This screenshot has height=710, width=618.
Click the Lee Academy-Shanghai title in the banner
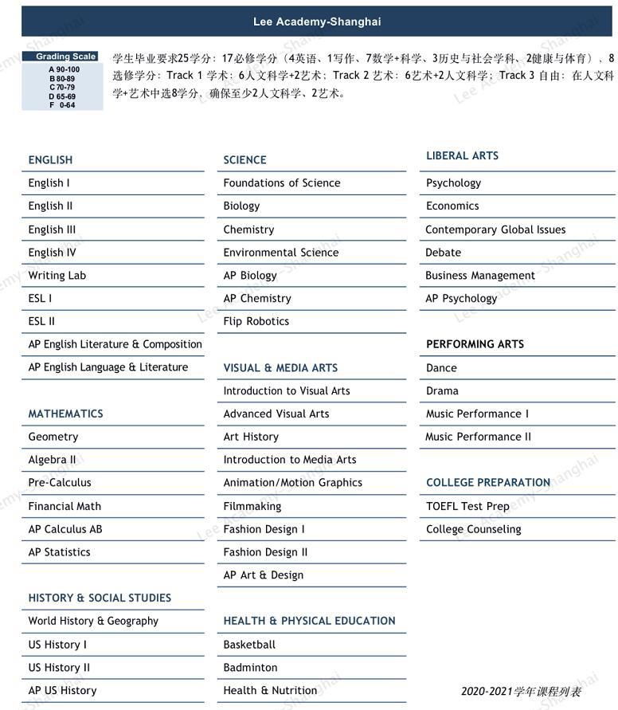[317, 22]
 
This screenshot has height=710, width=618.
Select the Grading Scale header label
[66, 57]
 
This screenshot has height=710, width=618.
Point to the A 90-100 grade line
[64, 69]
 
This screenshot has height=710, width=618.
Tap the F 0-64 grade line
[62, 104]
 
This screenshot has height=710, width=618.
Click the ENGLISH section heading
[50, 160]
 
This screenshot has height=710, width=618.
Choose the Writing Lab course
[57, 276]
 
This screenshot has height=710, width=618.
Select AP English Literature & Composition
[115, 344]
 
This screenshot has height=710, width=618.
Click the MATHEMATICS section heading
[65, 414]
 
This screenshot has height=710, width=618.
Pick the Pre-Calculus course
[60, 483]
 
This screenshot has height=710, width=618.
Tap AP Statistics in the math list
[60, 552]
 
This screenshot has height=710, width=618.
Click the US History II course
[59, 668]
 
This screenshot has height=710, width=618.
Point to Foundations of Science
[282, 183]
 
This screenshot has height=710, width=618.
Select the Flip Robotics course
[256, 322]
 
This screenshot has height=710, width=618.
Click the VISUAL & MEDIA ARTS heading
[280, 368]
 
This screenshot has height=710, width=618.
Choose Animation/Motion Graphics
[293, 483]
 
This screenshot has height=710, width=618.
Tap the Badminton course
[251, 668]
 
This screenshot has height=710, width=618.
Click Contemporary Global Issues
[495, 229]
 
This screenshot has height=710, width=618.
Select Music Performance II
[478, 437]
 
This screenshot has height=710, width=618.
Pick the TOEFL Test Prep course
[467, 506]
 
